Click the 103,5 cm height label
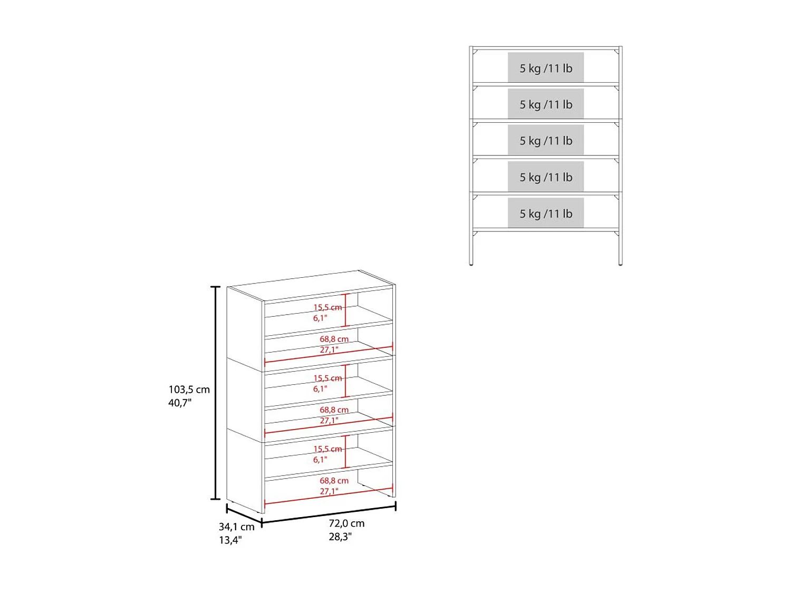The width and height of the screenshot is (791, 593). coord(189,390)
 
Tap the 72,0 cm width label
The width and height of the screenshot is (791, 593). coord(346,523)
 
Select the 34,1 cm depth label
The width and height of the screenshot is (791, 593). coord(236,527)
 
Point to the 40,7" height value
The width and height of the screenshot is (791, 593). coord(179,403)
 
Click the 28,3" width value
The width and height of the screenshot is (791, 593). coord(340,537)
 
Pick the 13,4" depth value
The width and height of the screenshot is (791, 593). coord(230,540)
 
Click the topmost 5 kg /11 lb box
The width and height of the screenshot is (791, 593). coord(546,67)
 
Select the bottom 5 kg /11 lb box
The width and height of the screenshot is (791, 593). coord(546,213)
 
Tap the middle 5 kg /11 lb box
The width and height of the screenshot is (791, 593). coord(546,140)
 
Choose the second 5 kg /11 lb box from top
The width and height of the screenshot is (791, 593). coord(546,104)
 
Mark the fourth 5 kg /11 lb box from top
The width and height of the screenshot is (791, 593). coord(546,177)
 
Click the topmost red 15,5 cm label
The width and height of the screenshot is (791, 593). coord(327,307)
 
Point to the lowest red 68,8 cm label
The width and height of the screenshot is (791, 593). coord(334,481)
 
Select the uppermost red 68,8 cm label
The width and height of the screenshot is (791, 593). coord(334,339)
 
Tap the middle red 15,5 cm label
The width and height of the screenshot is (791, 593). coord(327,378)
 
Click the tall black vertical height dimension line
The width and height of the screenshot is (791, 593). coord(215,393)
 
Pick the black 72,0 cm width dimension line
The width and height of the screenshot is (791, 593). coord(329,514)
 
